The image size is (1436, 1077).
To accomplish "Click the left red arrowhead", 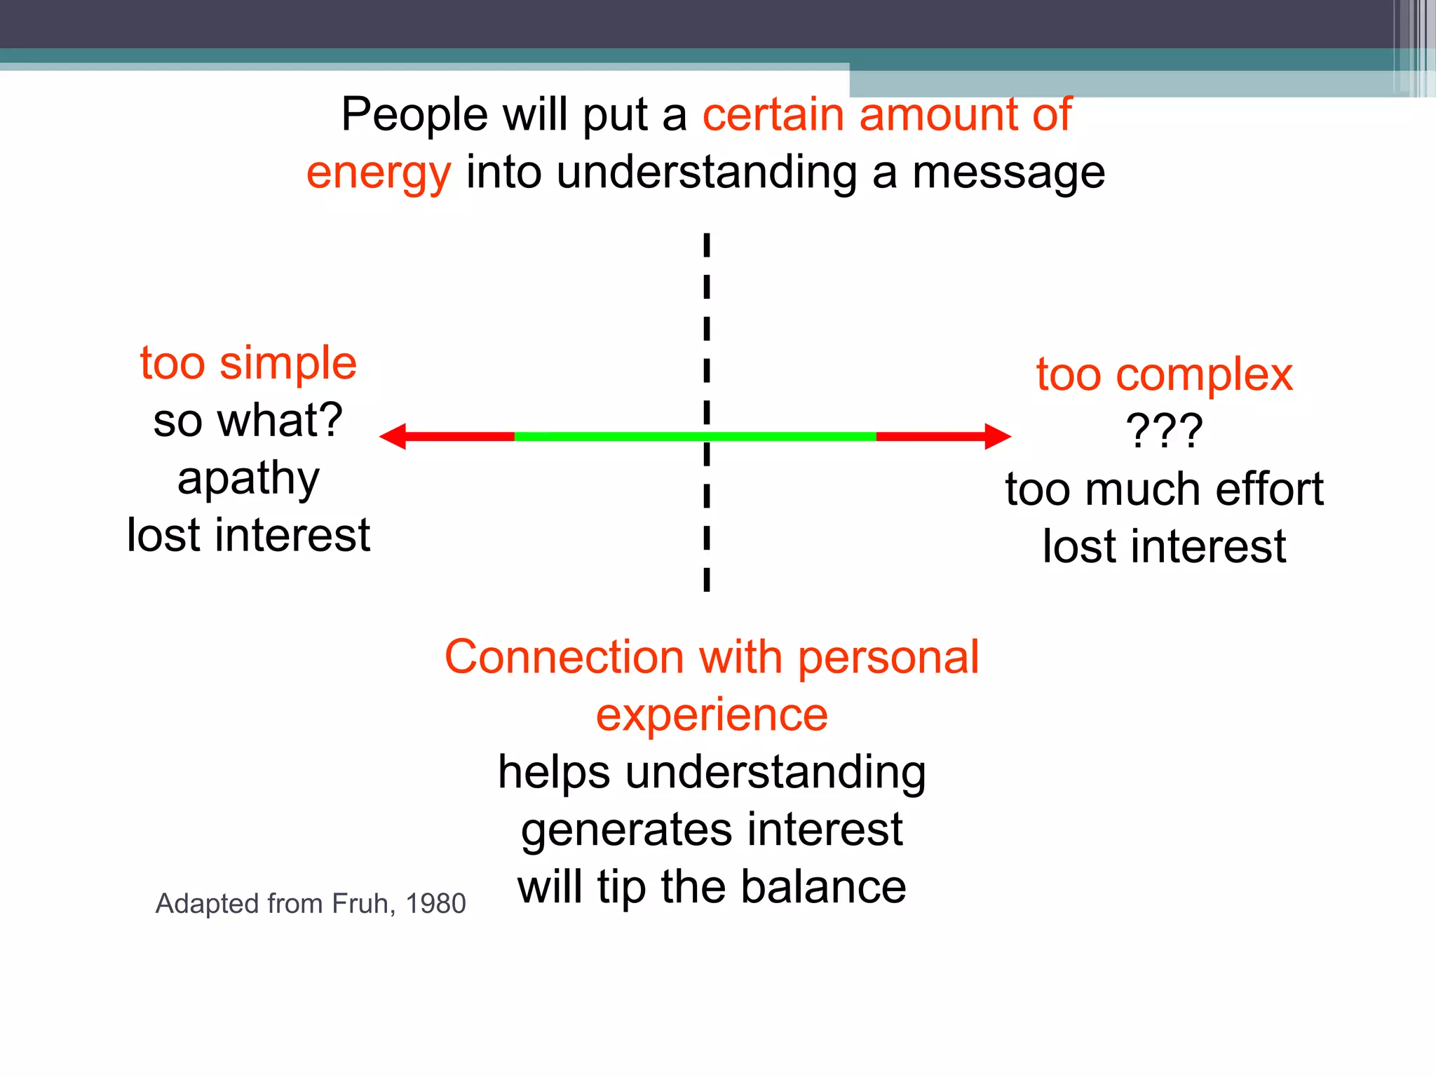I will (x=393, y=436).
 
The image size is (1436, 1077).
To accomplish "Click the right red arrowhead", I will (x=997, y=436).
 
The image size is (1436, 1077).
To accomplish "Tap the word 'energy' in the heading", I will (x=379, y=172).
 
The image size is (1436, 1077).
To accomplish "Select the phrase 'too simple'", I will (x=248, y=363).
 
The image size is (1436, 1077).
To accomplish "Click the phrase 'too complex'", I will (x=1164, y=374).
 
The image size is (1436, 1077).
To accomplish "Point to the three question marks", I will (x=1164, y=431).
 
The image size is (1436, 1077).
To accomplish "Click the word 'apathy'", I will (x=248, y=480).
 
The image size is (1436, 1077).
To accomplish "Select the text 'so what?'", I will (x=248, y=421).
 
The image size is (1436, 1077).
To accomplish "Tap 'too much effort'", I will (x=1164, y=489).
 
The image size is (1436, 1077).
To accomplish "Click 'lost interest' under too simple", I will (x=248, y=536).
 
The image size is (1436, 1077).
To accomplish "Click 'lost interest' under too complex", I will (x=1164, y=546).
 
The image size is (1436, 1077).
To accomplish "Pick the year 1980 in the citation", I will (x=435, y=904).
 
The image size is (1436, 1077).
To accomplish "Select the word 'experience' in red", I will (x=712, y=715).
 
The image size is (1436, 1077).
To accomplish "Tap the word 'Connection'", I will (x=564, y=658).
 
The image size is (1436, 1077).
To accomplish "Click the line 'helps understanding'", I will (x=712, y=773).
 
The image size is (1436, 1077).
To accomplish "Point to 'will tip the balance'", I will (x=712, y=887).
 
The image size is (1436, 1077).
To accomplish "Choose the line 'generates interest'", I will (x=712, y=830).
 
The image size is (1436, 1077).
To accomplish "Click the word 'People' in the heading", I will (x=414, y=115).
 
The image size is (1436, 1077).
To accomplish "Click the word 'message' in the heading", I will (x=1008, y=172).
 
